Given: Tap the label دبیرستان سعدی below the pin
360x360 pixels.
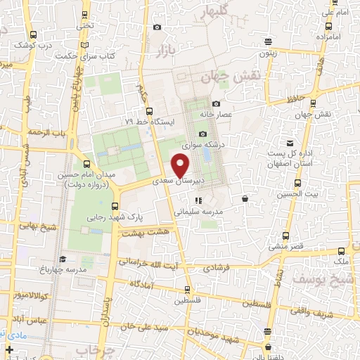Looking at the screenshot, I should pyautogui.click(x=198, y=181).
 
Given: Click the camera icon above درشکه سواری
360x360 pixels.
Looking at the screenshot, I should pyautogui.click(x=203, y=134).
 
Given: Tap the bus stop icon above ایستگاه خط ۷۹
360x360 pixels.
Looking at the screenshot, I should pyautogui.click(x=148, y=110).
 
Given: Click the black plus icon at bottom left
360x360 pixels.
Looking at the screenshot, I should pyautogui.click(x=9, y=349).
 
